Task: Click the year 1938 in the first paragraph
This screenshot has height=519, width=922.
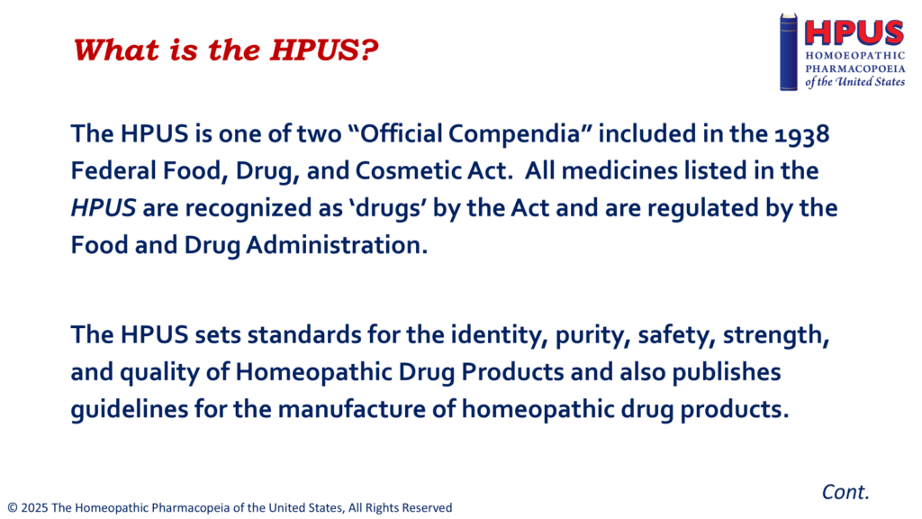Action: pos(801,135)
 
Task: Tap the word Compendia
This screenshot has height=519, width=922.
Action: pos(514,133)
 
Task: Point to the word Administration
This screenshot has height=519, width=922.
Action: pos(337,245)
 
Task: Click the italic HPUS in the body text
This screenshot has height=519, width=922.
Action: pos(104,208)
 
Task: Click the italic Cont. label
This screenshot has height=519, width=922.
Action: pos(845,492)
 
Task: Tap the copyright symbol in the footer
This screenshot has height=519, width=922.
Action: pos(13,508)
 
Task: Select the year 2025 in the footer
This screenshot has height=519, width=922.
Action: pos(35,508)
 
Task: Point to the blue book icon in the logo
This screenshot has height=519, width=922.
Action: pos(789,51)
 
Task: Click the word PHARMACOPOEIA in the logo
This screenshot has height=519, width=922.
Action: pos(855,68)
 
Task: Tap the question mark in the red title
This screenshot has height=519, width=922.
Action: pos(368,50)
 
